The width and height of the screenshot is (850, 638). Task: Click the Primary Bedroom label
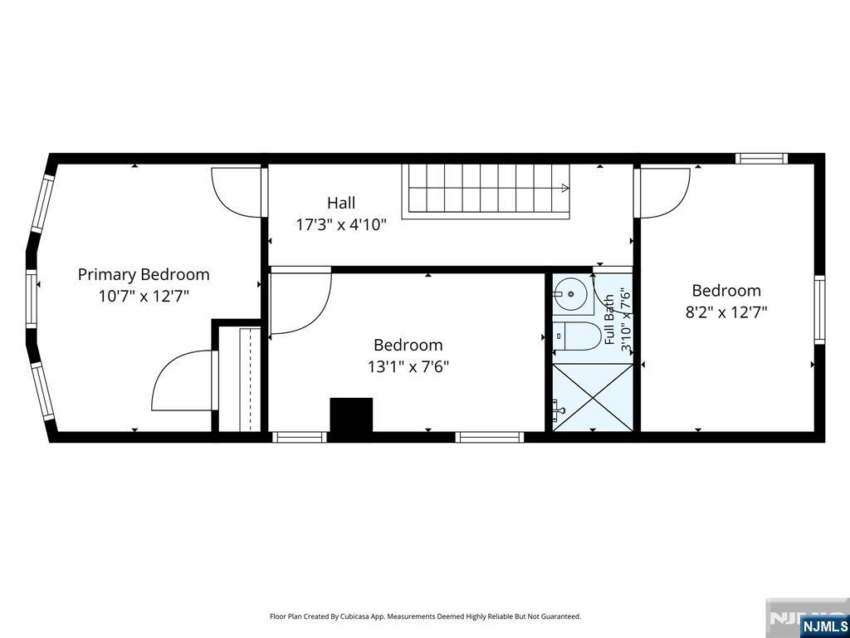click(x=144, y=274)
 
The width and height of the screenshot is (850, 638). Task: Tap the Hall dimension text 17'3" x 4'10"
click(x=341, y=224)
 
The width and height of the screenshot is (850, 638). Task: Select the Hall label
click(x=341, y=203)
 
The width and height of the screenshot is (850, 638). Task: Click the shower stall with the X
click(x=593, y=398)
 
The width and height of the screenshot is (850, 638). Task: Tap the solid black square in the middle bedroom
click(x=351, y=415)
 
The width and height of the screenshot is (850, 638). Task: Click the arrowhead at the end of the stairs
click(x=565, y=189)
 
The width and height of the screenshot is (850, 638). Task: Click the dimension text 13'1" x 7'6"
click(x=408, y=367)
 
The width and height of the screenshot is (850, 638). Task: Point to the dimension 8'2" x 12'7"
click(x=726, y=312)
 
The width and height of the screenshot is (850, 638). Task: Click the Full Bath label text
click(x=610, y=320)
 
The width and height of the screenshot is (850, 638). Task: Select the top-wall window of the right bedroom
click(x=761, y=159)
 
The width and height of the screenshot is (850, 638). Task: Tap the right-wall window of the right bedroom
click(x=819, y=310)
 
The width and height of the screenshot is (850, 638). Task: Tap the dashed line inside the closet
click(x=249, y=380)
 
